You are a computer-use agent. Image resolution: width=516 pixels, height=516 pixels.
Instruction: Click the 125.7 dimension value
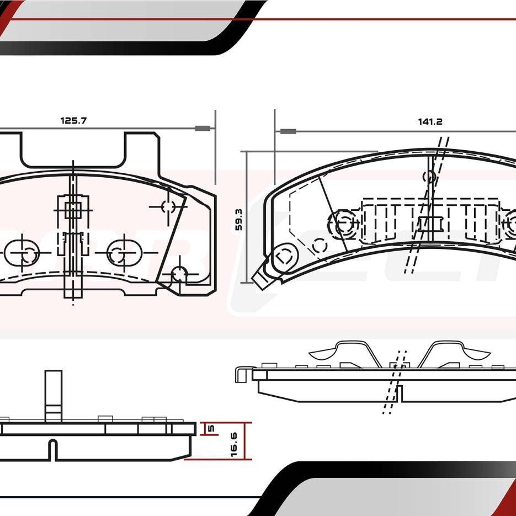[73, 120]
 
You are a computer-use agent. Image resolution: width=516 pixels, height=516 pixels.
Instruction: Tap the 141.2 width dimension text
[430, 122]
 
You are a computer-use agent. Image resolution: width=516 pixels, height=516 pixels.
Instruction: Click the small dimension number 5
[210, 428]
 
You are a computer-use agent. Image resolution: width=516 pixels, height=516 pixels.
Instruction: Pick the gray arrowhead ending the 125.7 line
[203, 129]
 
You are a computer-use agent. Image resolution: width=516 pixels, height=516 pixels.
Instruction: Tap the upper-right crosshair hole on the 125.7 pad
[168, 206]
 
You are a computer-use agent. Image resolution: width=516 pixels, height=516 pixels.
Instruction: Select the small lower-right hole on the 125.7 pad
[178, 274]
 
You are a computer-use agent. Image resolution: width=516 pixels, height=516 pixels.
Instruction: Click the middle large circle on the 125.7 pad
[116, 253]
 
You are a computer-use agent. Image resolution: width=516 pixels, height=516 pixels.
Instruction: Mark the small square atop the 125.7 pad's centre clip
[73, 209]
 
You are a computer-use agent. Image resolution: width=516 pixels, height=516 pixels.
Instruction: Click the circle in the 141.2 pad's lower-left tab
[284, 257]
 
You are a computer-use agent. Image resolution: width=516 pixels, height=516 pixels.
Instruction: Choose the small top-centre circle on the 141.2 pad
[429, 177]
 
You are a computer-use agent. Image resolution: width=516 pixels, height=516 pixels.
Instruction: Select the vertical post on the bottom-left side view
[54, 395]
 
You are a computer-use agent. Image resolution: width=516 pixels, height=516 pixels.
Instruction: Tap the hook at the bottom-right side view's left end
[241, 373]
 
